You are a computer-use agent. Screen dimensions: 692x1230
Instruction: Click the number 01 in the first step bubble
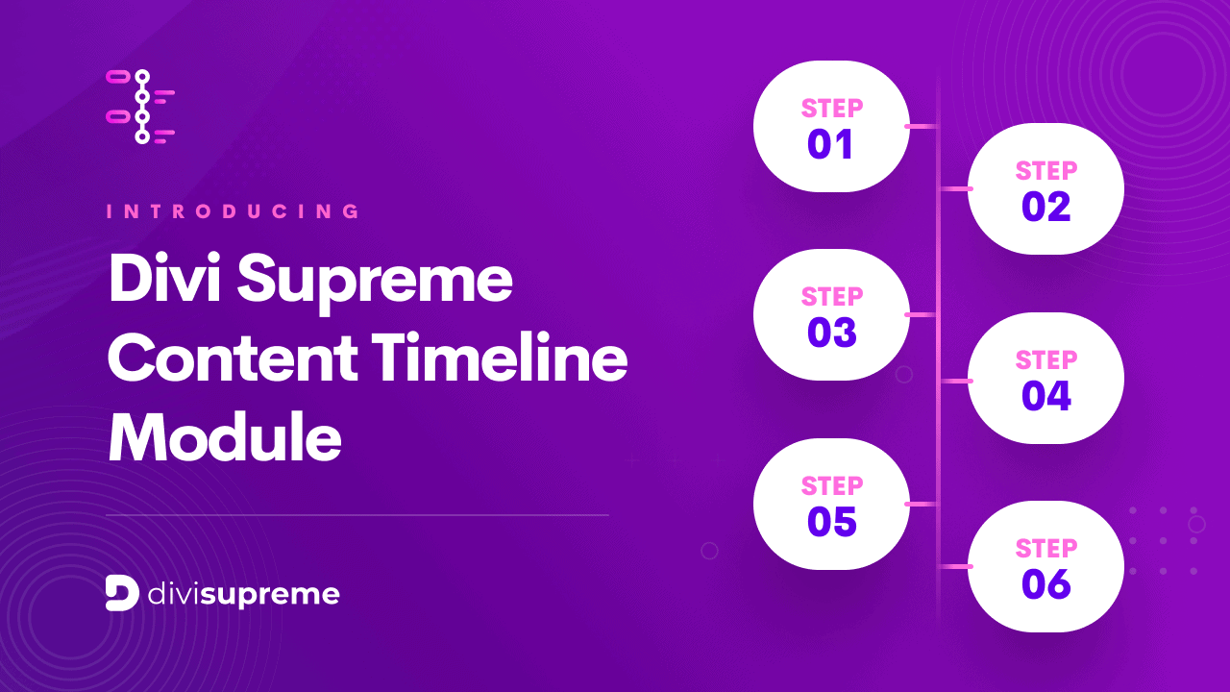pyautogui.click(x=831, y=145)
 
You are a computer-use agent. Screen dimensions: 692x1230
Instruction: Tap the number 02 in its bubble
pyautogui.click(x=1045, y=208)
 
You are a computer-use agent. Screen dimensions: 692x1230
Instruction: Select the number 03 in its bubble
pyautogui.click(x=831, y=334)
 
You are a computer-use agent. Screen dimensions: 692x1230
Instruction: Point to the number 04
pyautogui.click(x=1045, y=396)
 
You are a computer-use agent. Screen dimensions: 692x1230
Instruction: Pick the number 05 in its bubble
pyautogui.click(x=831, y=522)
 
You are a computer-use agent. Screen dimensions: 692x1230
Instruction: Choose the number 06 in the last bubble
pyautogui.click(x=1045, y=584)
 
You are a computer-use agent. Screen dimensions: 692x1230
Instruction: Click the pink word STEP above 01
pyautogui.click(x=832, y=108)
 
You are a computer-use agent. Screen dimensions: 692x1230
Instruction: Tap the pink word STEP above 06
pyautogui.click(x=1046, y=548)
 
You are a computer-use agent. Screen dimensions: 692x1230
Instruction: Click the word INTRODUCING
pyautogui.click(x=233, y=211)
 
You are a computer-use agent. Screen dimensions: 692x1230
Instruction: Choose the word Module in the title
pyautogui.click(x=224, y=438)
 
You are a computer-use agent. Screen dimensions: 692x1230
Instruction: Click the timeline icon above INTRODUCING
pyautogui.click(x=140, y=106)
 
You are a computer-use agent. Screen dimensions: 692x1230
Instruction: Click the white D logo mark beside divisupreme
pyautogui.click(x=122, y=593)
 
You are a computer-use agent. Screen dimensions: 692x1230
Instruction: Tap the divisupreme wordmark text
pyautogui.click(x=244, y=595)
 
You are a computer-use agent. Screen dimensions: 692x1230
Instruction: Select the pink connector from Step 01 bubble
pyautogui.click(x=922, y=126)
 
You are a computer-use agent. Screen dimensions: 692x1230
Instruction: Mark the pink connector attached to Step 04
pyautogui.click(x=954, y=381)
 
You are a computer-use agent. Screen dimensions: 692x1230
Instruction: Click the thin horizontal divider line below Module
pyautogui.click(x=357, y=515)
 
